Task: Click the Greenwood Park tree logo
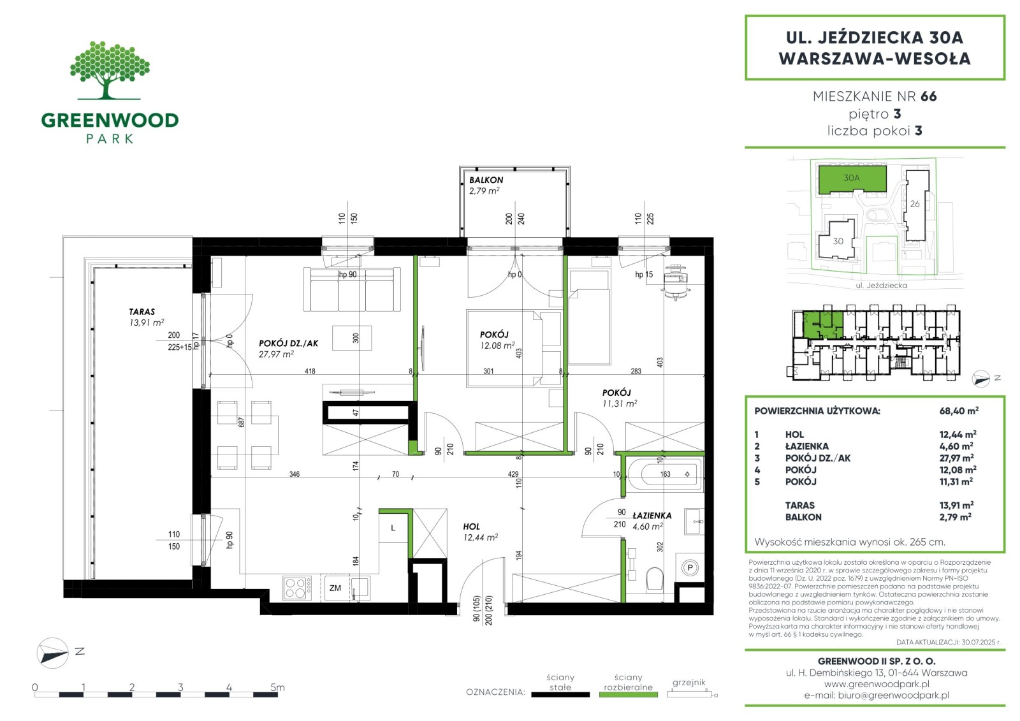pyautogui.click(x=110, y=70)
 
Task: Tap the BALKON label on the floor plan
pyautogui.click(x=486, y=180)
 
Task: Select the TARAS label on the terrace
pyautogui.click(x=142, y=312)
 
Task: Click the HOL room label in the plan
pyautogui.click(x=471, y=527)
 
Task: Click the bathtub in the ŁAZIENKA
pyautogui.click(x=666, y=474)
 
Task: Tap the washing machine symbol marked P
pyautogui.click(x=690, y=567)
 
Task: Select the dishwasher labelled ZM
pyautogui.click(x=335, y=588)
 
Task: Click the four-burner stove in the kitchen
pyautogui.click(x=297, y=588)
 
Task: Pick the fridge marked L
pyautogui.click(x=393, y=528)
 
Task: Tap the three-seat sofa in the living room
pyautogui.click(x=352, y=289)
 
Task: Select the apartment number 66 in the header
pyautogui.click(x=928, y=96)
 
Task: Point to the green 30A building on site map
pyautogui.click(x=852, y=178)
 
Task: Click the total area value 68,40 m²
pyautogui.click(x=959, y=411)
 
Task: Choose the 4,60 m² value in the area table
pyautogui.click(x=956, y=446)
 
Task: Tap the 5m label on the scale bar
pyautogui.click(x=277, y=687)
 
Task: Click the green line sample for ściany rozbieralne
pyautogui.click(x=629, y=695)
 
